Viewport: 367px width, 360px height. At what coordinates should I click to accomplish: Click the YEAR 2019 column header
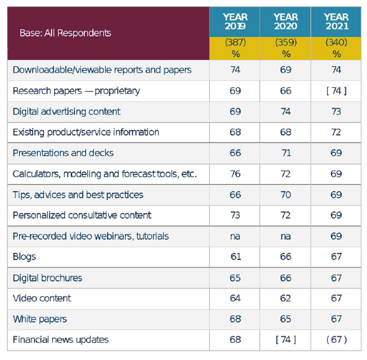[x=235, y=22]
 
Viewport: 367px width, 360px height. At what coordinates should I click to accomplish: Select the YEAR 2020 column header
[x=286, y=22]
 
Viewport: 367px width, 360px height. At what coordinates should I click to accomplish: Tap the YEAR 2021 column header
[x=336, y=22]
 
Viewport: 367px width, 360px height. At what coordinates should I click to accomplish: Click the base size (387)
[x=235, y=42]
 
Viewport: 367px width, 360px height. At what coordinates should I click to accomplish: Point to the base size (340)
[x=336, y=42]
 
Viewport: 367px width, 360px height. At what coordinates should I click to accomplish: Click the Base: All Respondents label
[x=65, y=33]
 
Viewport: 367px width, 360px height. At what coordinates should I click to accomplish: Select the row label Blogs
[x=24, y=257]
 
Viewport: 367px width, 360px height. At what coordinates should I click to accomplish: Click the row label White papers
[x=40, y=319]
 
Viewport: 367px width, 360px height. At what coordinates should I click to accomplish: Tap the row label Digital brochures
[x=47, y=278]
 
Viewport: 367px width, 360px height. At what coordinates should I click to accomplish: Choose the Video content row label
[x=42, y=298]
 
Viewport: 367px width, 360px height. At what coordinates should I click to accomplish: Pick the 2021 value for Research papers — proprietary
[x=336, y=91]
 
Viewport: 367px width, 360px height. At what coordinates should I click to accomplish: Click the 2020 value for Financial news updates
[x=286, y=340]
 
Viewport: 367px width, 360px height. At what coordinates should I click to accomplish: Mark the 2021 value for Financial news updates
[x=336, y=340]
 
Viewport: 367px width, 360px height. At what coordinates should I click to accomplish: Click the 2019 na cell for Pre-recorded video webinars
[x=235, y=236]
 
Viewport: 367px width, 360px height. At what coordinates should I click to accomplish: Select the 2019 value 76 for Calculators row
[x=235, y=174]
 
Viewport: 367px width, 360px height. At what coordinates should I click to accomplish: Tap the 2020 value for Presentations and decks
[x=286, y=153]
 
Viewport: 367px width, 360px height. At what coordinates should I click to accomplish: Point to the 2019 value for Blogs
[x=235, y=257]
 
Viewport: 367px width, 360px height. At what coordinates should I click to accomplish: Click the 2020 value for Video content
[x=286, y=298]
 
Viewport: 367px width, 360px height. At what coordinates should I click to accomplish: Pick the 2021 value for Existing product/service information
[x=336, y=132]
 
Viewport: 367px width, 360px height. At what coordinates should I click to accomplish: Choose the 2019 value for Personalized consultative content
[x=235, y=215]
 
